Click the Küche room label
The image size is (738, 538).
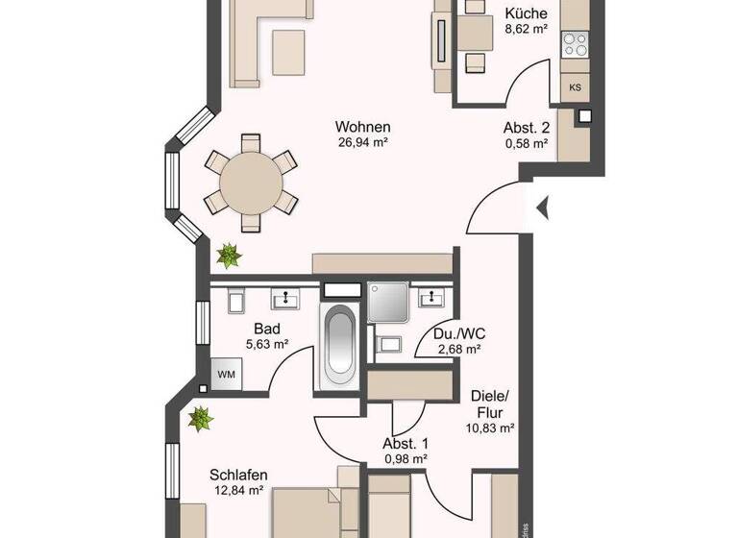tap(526, 13)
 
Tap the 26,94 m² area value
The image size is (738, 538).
tap(362, 143)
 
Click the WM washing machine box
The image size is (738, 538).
tap(227, 373)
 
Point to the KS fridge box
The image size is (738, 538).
tap(576, 87)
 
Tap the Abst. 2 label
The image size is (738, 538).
tap(526, 128)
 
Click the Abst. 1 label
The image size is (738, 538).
tap(405, 444)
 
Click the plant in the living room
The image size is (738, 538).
tap(229, 256)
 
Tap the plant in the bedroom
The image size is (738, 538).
tap(200, 418)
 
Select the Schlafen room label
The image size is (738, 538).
tap(237, 475)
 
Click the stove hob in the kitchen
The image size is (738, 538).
tap(575, 44)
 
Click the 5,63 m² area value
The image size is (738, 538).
tap(265, 344)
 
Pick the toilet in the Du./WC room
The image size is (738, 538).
tap(390, 342)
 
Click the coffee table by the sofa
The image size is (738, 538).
tap(289, 50)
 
